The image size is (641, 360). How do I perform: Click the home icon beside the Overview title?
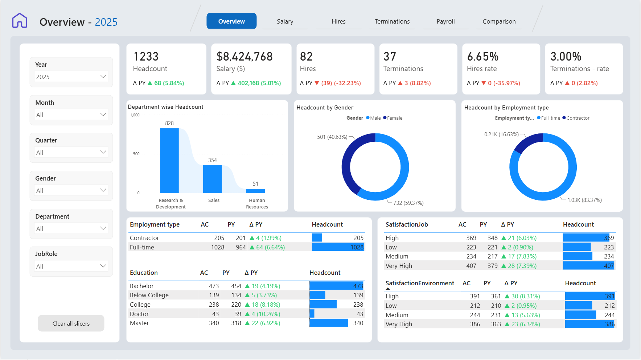(x=20, y=21)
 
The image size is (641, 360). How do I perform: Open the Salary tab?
(x=285, y=21)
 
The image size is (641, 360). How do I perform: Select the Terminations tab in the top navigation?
(x=392, y=21)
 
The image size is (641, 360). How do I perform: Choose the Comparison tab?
(x=499, y=21)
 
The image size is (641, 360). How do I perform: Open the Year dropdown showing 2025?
(x=71, y=76)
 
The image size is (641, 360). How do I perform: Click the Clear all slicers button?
(x=71, y=323)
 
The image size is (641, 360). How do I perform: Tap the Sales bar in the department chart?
(x=213, y=179)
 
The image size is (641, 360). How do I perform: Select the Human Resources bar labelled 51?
(x=256, y=191)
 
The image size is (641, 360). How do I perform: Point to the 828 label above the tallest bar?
(x=169, y=123)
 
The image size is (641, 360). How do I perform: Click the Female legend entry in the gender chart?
(x=393, y=118)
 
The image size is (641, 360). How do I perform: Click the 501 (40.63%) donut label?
(x=332, y=137)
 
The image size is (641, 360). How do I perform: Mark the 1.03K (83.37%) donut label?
(x=585, y=200)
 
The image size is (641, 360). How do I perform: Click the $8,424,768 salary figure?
(x=245, y=57)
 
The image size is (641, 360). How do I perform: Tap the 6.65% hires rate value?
(x=483, y=57)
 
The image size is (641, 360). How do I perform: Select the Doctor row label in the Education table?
(x=139, y=314)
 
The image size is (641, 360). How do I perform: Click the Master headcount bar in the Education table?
(x=329, y=323)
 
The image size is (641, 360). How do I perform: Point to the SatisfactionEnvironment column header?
(x=420, y=283)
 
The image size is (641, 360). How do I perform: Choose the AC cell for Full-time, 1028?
(x=218, y=247)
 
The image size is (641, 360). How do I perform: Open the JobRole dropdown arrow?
(x=103, y=266)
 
